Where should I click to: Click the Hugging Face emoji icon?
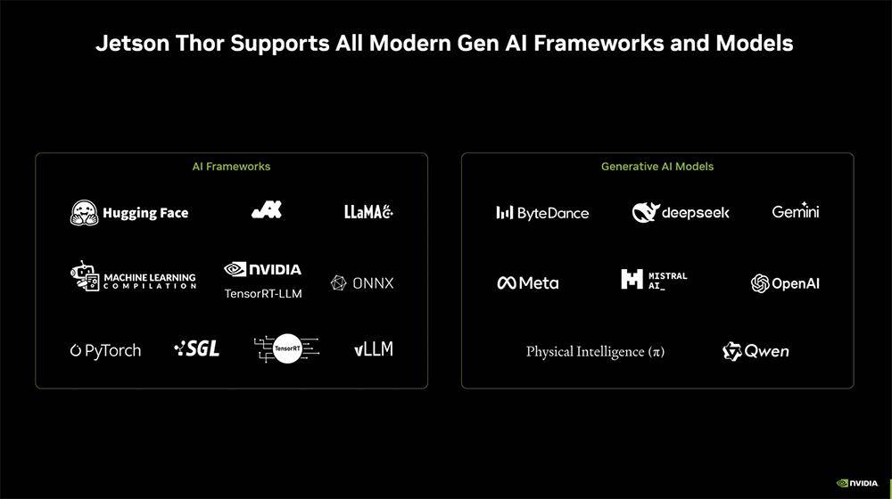coord(84,213)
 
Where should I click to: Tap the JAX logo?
coord(267,209)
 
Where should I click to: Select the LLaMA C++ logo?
coord(368,212)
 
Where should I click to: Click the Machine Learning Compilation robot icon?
coord(85,276)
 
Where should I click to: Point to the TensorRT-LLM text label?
coord(263,294)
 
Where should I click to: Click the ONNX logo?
coord(362,283)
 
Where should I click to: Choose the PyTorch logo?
coord(105,351)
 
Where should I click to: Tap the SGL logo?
coord(197,348)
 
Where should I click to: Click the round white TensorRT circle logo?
coord(287,348)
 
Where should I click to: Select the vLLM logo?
coord(373,349)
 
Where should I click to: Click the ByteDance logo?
coord(542,213)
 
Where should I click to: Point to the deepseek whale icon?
coord(646,213)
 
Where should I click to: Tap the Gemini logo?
coord(796,211)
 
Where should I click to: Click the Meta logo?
coord(528,282)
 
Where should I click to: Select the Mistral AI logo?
coord(654,279)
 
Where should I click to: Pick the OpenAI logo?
coord(785,283)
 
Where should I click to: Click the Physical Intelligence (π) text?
coord(595,352)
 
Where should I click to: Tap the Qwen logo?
coord(756,352)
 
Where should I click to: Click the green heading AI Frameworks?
coord(231,167)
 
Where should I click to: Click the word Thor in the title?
coord(200,43)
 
